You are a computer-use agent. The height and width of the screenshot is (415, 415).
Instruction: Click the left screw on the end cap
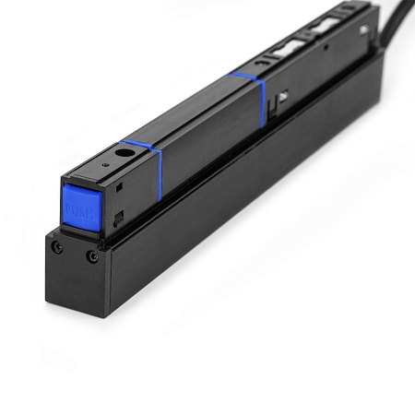point(58,247)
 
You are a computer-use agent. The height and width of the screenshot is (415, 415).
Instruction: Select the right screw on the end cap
point(91,255)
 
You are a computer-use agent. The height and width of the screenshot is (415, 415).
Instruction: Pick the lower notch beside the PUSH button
point(118,219)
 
